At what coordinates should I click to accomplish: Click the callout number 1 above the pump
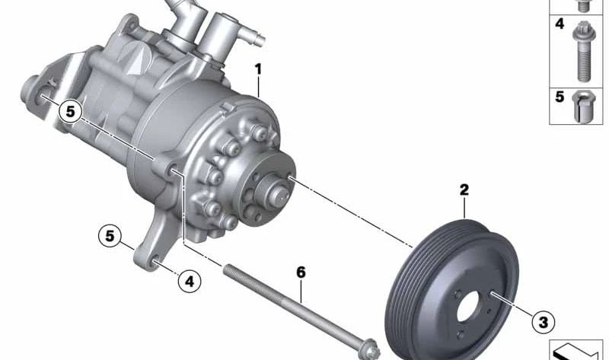click(258, 70)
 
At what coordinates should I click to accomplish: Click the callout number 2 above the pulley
click(464, 190)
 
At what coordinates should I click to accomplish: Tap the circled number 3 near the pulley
click(543, 322)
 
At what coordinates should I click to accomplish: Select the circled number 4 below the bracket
click(189, 281)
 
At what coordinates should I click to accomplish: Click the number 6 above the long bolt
click(301, 272)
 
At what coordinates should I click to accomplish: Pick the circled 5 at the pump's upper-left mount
click(70, 111)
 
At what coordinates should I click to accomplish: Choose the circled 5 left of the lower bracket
click(110, 236)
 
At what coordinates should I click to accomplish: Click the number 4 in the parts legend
click(560, 24)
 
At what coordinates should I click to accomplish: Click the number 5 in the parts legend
click(560, 97)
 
